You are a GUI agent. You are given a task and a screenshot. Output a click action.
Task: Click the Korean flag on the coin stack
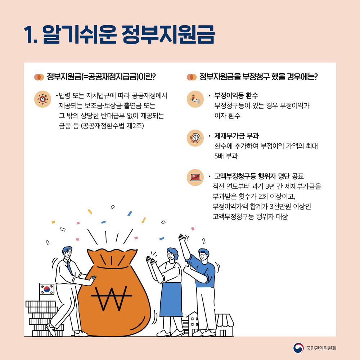click(x=47, y=289)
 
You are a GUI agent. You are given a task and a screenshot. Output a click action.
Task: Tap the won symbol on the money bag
click(x=112, y=298)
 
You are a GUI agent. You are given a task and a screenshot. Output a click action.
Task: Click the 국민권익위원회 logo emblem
click(x=298, y=348)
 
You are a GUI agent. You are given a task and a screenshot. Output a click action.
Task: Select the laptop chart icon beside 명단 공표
click(x=195, y=177)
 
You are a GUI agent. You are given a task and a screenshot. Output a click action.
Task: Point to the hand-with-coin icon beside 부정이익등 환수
click(x=195, y=99)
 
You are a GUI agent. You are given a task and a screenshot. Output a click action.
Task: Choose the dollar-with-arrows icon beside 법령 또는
click(x=43, y=99)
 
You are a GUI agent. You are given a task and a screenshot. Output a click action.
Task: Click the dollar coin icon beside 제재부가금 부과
click(x=195, y=138)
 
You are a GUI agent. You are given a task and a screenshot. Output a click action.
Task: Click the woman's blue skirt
click(x=171, y=300)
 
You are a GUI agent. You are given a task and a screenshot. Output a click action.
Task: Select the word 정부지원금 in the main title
click(x=168, y=35)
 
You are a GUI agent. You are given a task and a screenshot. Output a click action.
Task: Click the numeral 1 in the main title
click(x=29, y=35)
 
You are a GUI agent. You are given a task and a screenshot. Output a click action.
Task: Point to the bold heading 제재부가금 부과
click(x=237, y=136)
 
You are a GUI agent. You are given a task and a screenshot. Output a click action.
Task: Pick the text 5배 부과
click(x=226, y=156)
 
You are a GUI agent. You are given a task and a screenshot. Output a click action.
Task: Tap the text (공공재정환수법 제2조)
click(x=112, y=126)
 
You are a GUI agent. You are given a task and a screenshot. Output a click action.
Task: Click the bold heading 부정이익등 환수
click(x=236, y=95)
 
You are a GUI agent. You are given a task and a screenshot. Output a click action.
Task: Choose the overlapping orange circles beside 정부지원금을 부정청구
click(x=192, y=77)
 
